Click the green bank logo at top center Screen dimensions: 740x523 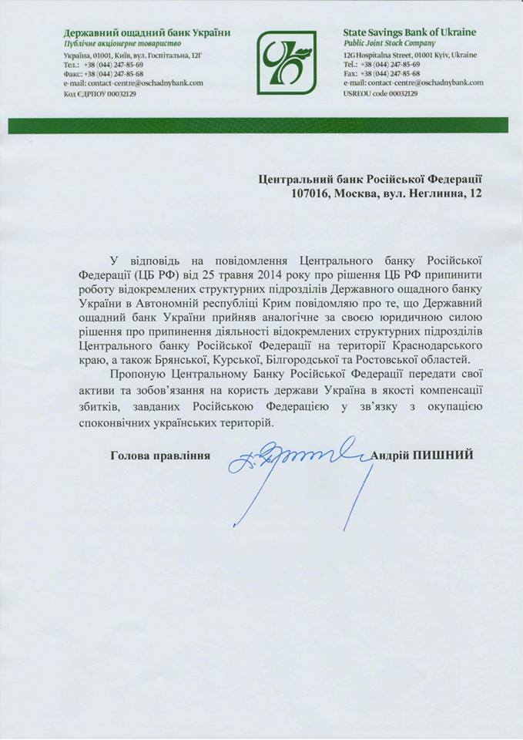[286, 62]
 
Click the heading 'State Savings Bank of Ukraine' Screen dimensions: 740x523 [409, 32]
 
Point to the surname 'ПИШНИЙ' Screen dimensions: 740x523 [447, 456]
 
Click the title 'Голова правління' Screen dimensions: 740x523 [160, 456]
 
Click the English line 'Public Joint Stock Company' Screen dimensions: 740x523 [389, 44]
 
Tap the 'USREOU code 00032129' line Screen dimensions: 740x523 [381, 93]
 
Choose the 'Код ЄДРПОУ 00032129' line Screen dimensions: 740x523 [101, 93]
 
